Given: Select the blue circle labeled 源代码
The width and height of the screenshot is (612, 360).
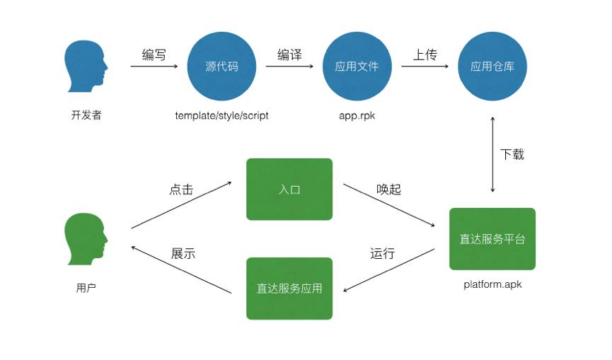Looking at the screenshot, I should click(x=221, y=66).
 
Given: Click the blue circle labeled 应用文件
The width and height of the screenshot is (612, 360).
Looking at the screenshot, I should click(x=357, y=66).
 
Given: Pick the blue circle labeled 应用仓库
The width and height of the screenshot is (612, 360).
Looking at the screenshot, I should click(x=492, y=66).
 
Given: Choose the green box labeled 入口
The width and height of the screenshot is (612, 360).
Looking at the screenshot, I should click(x=289, y=189).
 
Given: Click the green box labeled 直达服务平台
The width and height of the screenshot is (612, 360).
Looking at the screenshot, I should click(x=492, y=239).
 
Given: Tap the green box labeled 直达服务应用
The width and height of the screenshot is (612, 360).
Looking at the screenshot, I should click(x=289, y=288).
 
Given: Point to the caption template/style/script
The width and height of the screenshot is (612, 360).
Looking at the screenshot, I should click(x=221, y=115).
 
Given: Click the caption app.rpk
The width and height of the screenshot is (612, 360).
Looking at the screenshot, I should click(x=357, y=115).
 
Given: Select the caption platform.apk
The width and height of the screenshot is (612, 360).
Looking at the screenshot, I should click(x=492, y=285).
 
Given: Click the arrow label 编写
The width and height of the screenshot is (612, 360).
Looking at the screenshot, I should click(x=154, y=55).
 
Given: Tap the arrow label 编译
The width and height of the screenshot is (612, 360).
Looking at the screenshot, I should click(x=289, y=55).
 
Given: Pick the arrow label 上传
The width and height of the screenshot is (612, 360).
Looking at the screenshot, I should click(x=425, y=55).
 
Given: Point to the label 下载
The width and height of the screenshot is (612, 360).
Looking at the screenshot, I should click(x=512, y=154).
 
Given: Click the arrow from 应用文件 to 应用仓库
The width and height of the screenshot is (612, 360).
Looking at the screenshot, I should click(x=425, y=67).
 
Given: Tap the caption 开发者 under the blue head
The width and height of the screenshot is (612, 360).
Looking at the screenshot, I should click(x=86, y=115).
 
